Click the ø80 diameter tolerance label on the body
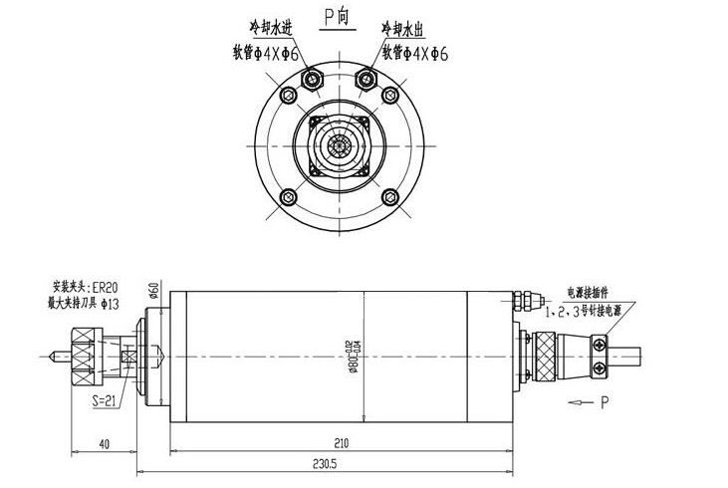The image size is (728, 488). tap(351, 354)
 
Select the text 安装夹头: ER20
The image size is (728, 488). tap(84, 284)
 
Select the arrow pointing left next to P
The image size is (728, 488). tap(577, 402)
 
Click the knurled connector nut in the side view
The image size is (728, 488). tap(546, 355)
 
